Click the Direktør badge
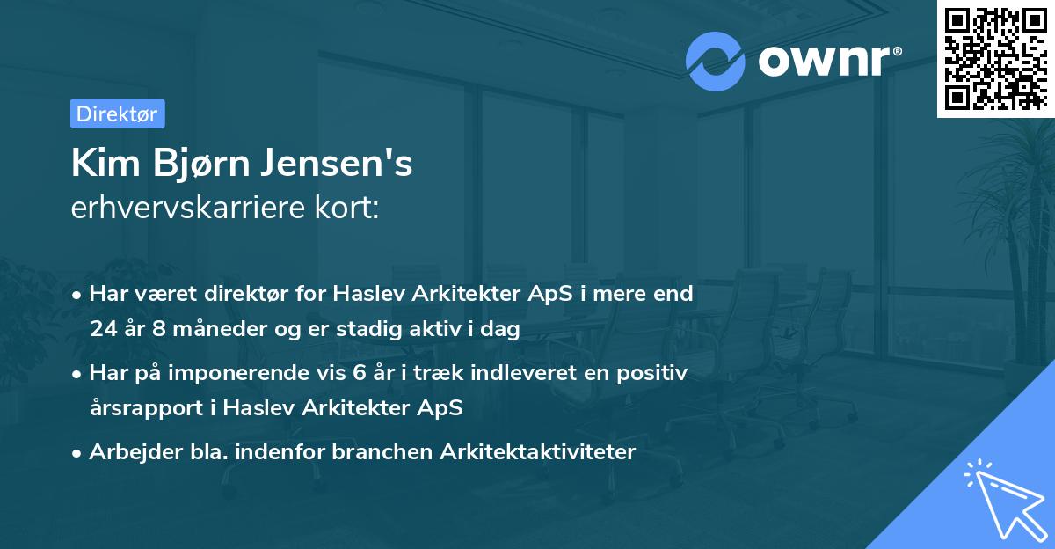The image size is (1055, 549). coord(117,113)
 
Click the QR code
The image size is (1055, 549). coord(994,58)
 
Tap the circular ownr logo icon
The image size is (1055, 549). coord(716,61)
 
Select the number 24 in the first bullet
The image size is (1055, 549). coord(103,329)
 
